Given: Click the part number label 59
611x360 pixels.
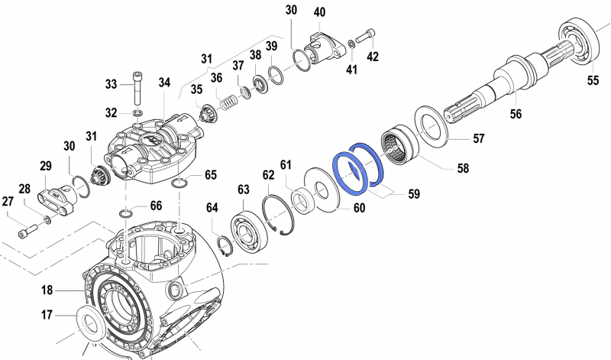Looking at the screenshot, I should click(x=413, y=194).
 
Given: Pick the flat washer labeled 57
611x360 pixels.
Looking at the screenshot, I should click(x=433, y=122).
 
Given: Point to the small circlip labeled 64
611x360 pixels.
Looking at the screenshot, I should click(x=225, y=248).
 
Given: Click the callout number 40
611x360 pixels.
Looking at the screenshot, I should click(x=319, y=12).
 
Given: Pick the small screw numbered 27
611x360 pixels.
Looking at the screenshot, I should click(x=30, y=228).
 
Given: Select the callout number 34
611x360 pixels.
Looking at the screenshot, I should click(x=165, y=82).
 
